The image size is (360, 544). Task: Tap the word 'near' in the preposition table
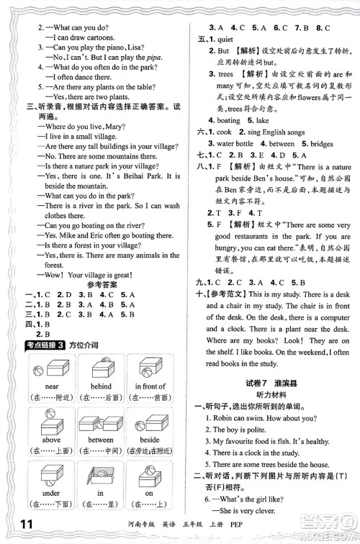click(51, 386)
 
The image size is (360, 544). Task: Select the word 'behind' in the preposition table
click(101, 386)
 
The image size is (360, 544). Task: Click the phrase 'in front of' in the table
click(150, 386)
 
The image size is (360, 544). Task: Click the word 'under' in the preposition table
click(51, 494)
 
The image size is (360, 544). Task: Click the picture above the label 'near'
click(51, 368)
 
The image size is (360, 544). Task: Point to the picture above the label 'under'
click(51, 474)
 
